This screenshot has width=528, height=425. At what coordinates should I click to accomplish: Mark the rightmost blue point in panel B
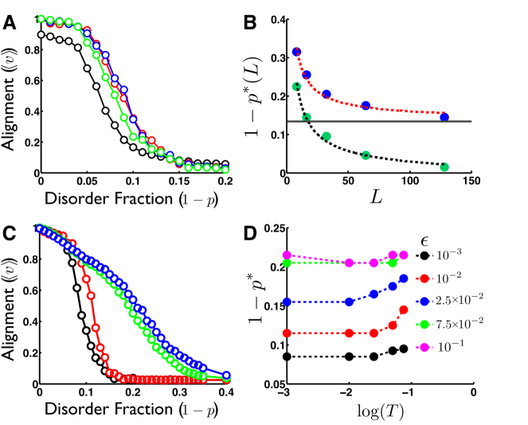[x=444, y=117]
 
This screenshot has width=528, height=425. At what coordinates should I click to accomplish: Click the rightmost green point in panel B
[x=444, y=167]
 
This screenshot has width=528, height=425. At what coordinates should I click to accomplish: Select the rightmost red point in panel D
[x=404, y=310]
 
